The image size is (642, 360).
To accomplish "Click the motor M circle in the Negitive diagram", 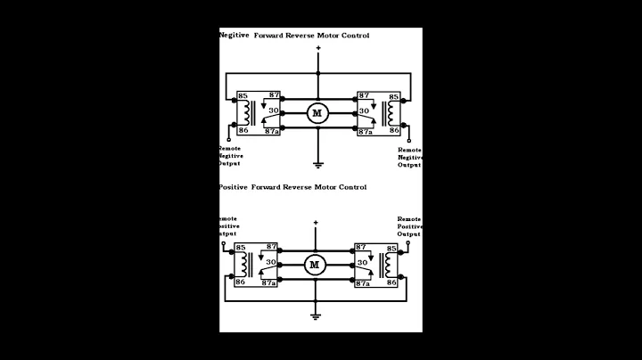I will click(x=317, y=112).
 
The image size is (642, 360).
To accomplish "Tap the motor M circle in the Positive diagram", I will click(x=314, y=264).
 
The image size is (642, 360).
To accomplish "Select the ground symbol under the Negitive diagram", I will click(x=317, y=164).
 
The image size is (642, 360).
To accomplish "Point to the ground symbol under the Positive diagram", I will click(x=315, y=315).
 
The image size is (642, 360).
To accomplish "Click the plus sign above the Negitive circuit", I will click(x=317, y=49).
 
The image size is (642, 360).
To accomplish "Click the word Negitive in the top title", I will click(x=234, y=36).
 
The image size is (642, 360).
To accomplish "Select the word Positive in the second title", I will click(x=234, y=187).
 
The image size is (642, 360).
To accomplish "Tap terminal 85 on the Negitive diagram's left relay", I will click(x=242, y=96).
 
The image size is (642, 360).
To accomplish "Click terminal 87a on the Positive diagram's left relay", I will click(x=267, y=282).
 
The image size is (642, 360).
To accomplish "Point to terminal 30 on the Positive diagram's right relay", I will click(x=364, y=264).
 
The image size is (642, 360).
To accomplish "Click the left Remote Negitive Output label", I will click(x=230, y=156).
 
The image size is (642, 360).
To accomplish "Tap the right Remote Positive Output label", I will click(x=409, y=226).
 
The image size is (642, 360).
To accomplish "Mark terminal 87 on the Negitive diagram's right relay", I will click(x=363, y=95).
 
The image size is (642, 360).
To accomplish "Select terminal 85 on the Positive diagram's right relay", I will click(x=391, y=247).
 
